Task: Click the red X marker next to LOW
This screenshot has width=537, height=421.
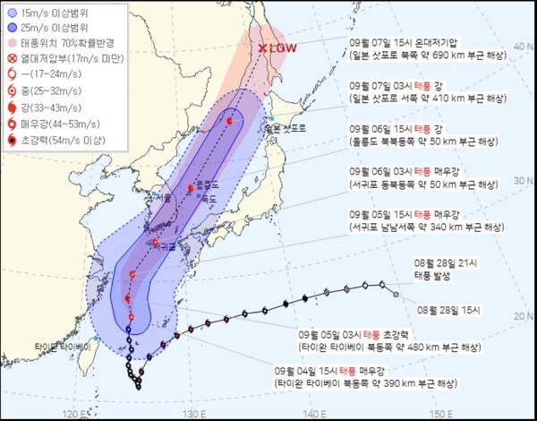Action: point(262,48)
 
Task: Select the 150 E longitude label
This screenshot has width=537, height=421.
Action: point(435,413)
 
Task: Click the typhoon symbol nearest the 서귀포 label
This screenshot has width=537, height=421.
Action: point(156,242)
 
